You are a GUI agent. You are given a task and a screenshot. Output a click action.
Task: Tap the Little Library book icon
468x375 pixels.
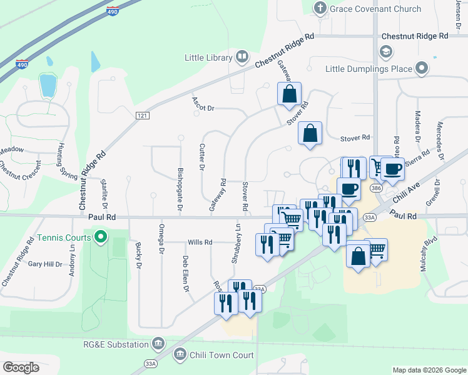[x=242, y=58]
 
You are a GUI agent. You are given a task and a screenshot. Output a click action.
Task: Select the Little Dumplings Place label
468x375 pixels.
[x=369, y=68]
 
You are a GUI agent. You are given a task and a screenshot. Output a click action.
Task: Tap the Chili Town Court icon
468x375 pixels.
[x=180, y=355]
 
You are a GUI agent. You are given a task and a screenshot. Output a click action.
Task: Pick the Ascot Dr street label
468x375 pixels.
[x=203, y=107]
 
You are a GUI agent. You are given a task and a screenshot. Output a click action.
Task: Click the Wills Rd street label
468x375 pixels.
[x=200, y=242]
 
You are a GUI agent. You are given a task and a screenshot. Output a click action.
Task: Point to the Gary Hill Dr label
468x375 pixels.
[x=46, y=264]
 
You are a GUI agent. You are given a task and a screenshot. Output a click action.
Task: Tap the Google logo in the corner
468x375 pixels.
[x=21, y=367]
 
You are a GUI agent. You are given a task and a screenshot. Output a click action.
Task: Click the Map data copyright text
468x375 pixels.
[x=429, y=370]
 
